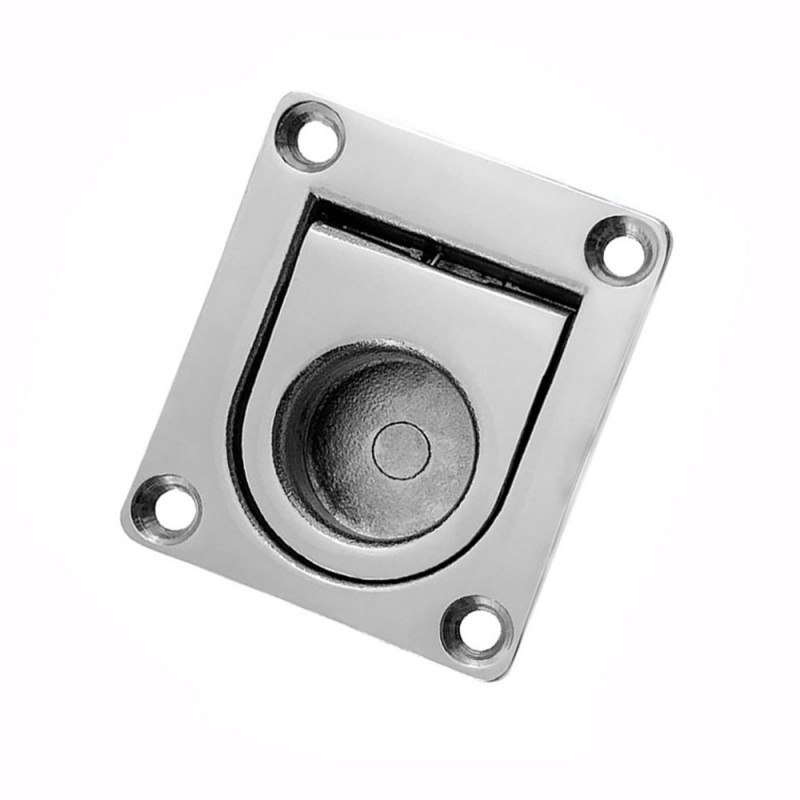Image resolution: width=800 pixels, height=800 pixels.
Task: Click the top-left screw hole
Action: [310, 136]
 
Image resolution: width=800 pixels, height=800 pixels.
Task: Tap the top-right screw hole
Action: [620, 248]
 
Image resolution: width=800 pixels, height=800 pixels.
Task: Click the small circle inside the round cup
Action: [402, 449]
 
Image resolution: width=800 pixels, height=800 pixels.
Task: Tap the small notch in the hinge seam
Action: [437, 257]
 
